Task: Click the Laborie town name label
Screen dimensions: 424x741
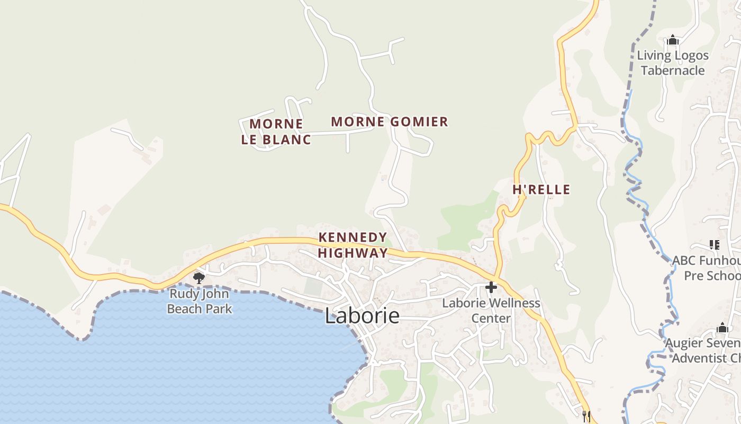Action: click(362, 316)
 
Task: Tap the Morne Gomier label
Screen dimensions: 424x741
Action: click(390, 122)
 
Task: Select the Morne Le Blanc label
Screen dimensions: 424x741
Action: click(276, 131)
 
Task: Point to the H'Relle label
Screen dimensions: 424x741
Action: click(541, 190)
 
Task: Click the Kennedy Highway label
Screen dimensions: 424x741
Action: click(353, 245)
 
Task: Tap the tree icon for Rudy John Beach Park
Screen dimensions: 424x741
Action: click(199, 278)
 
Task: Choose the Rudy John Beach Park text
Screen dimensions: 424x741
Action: click(200, 301)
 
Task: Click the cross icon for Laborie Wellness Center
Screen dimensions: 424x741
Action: click(491, 288)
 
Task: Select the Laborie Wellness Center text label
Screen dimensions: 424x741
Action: click(491, 311)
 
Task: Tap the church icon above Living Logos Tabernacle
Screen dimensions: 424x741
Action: click(673, 40)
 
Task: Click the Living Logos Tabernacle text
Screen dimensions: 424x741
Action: click(673, 63)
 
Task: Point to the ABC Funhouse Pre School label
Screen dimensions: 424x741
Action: click(707, 268)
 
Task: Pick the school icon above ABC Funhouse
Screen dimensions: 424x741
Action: click(715, 245)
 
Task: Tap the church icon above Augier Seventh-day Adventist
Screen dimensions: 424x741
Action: click(722, 328)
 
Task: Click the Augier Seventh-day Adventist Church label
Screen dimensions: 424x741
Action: click(704, 350)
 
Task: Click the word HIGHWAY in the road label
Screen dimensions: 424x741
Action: click(353, 253)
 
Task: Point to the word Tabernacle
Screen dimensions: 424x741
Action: click(673, 70)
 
